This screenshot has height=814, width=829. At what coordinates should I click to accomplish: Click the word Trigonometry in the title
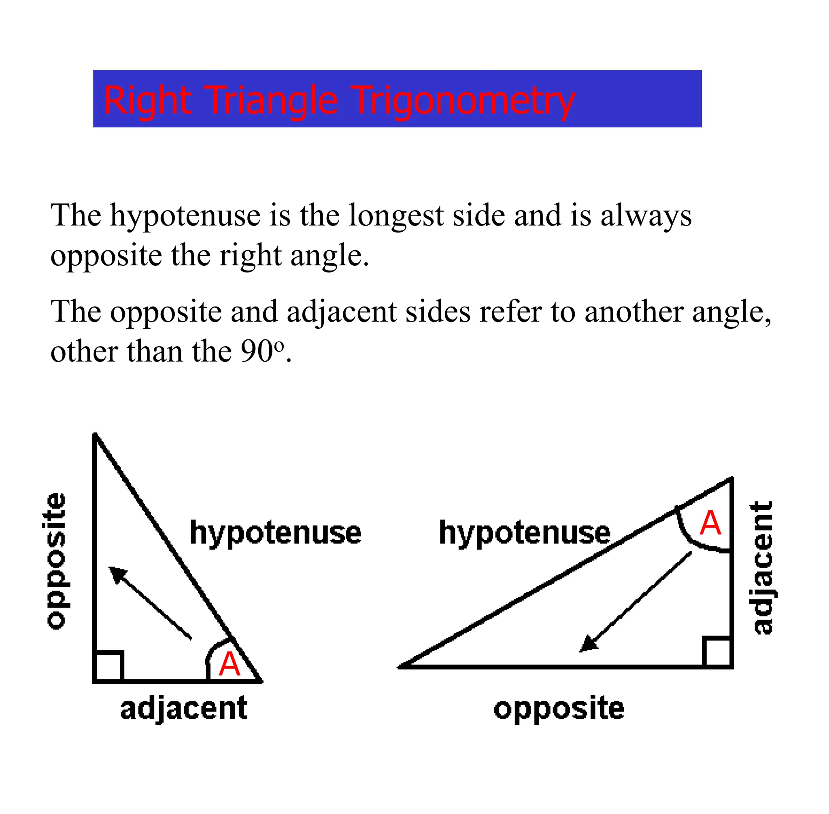point(463,101)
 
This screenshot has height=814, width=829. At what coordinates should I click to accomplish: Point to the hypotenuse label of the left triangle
point(275,533)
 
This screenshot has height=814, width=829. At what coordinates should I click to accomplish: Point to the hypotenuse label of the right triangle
point(525,533)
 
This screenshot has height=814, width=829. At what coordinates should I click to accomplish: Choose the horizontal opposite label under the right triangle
point(559,709)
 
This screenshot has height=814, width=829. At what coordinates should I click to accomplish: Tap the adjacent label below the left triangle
point(184,709)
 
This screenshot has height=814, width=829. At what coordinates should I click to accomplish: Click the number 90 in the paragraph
point(257,352)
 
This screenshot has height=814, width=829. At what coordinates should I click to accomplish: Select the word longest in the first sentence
point(396,215)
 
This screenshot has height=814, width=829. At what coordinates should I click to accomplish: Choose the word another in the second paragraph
point(634,311)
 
